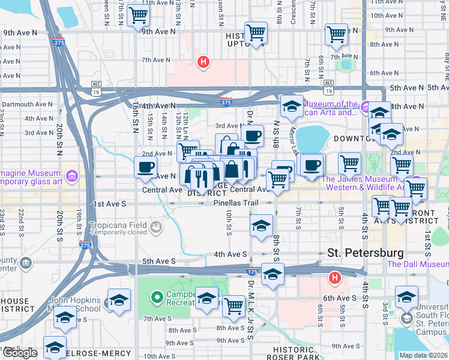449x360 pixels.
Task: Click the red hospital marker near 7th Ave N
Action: pyautogui.click(x=203, y=61)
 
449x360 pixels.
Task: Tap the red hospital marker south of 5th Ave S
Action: pyautogui.click(x=335, y=278)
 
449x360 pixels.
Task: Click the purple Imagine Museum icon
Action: pyautogui.click(x=72, y=176)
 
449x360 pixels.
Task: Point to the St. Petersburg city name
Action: pyautogui.click(x=365, y=253)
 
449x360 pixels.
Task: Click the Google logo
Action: pyautogui.click(x=20, y=353)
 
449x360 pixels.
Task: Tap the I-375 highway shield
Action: pyautogui.click(x=226, y=103)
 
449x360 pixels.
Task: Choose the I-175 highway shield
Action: pyautogui.click(x=253, y=272)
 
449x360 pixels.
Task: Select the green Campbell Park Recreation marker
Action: pyautogui.click(x=157, y=296)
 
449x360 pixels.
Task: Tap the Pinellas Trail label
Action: pyautogui.click(x=236, y=203)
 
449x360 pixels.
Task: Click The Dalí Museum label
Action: pyautogui.click(x=418, y=264)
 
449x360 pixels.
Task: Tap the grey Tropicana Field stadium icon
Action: pyautogui.click(x=156, y=227)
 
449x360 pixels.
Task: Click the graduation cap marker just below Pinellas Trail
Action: pyautogui.click(x=262, y=226)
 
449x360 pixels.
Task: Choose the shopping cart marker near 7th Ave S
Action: pyautogui.click(x=234, y=305)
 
